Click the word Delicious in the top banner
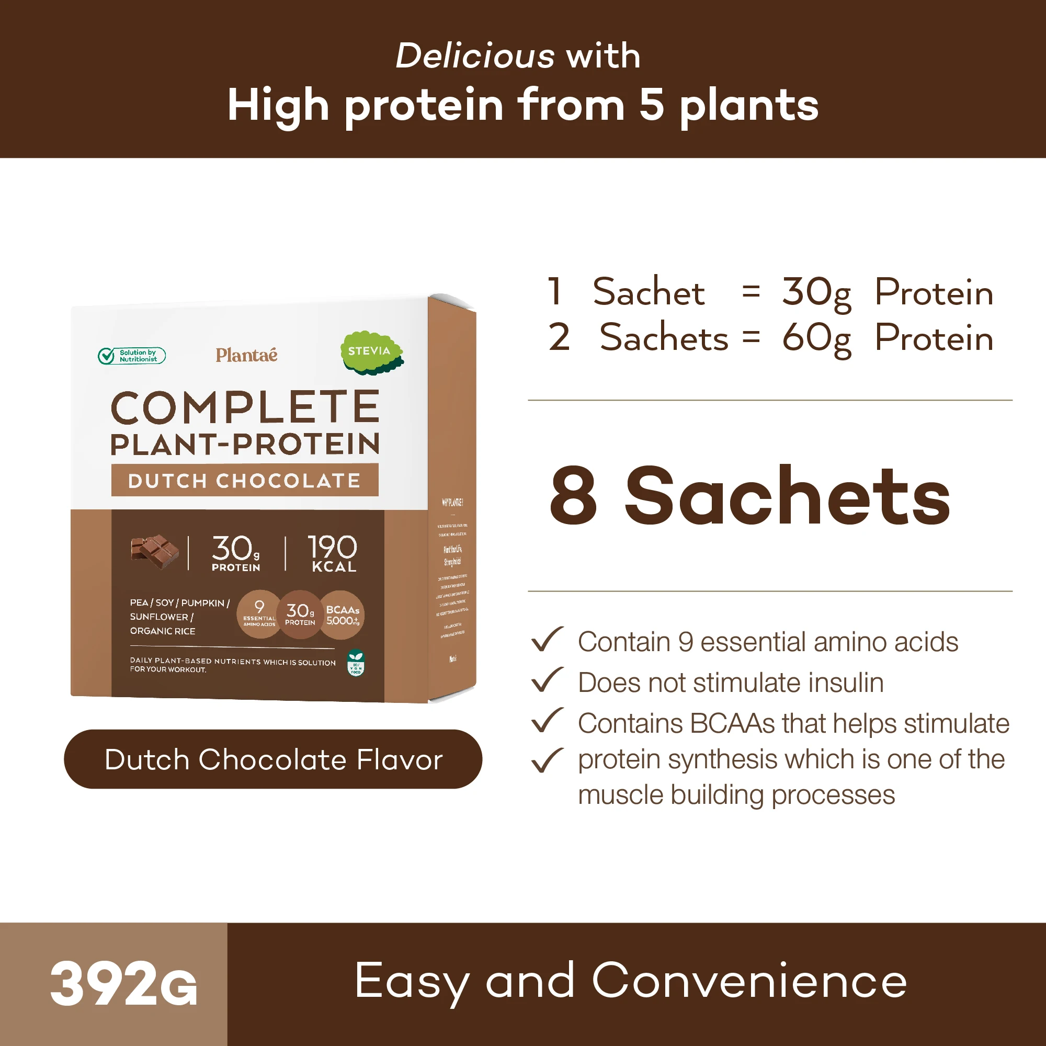(x=475, y=56)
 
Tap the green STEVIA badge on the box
(x=370, y=353)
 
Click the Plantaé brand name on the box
(x=246, y=355)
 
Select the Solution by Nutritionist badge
(x=132, y=356)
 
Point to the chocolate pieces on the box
(x=154, y=551)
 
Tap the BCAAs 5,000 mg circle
(x=342, y=616)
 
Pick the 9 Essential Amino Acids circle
(x=259, y=615)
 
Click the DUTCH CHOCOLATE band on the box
(x=245, y=480)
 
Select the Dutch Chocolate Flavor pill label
(x=273, y=759)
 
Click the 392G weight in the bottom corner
(x=123, y=984)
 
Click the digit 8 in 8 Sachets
(x=573, y=496)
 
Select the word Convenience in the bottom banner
(x=749, y=981)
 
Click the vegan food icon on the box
(x=356, y=663)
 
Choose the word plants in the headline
(x=749, y=106)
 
